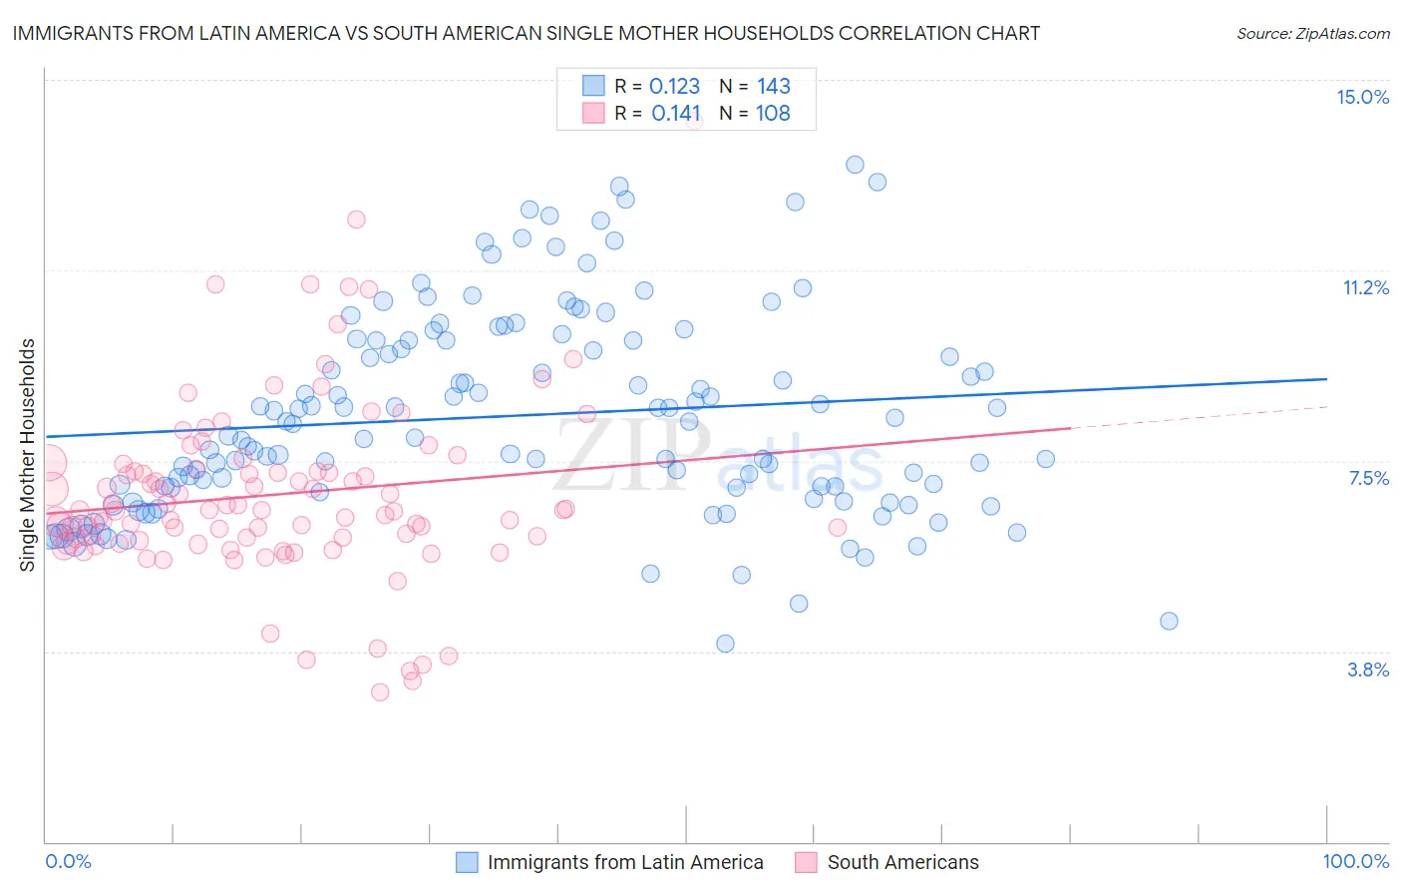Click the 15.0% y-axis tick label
(1362, 97)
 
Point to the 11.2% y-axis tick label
(1365, 287)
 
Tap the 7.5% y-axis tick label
(1368, 478)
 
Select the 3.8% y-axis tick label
(1368, 669)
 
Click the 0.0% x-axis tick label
(68, 861)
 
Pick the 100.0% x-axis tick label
(1355, 861)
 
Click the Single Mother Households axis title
(28, 455)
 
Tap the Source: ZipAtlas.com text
(1312, 34)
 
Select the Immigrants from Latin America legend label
(625, 862)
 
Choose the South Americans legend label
(902, 862)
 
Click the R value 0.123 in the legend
(674, 87)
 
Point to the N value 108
(773, 114)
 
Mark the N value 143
(773, 87)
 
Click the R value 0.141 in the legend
(675, 114)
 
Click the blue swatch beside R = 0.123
(593, 86)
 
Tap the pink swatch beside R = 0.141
(593, 113)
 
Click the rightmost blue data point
(1169, 621)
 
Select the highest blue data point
(855, 165)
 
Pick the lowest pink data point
(380, 691)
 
